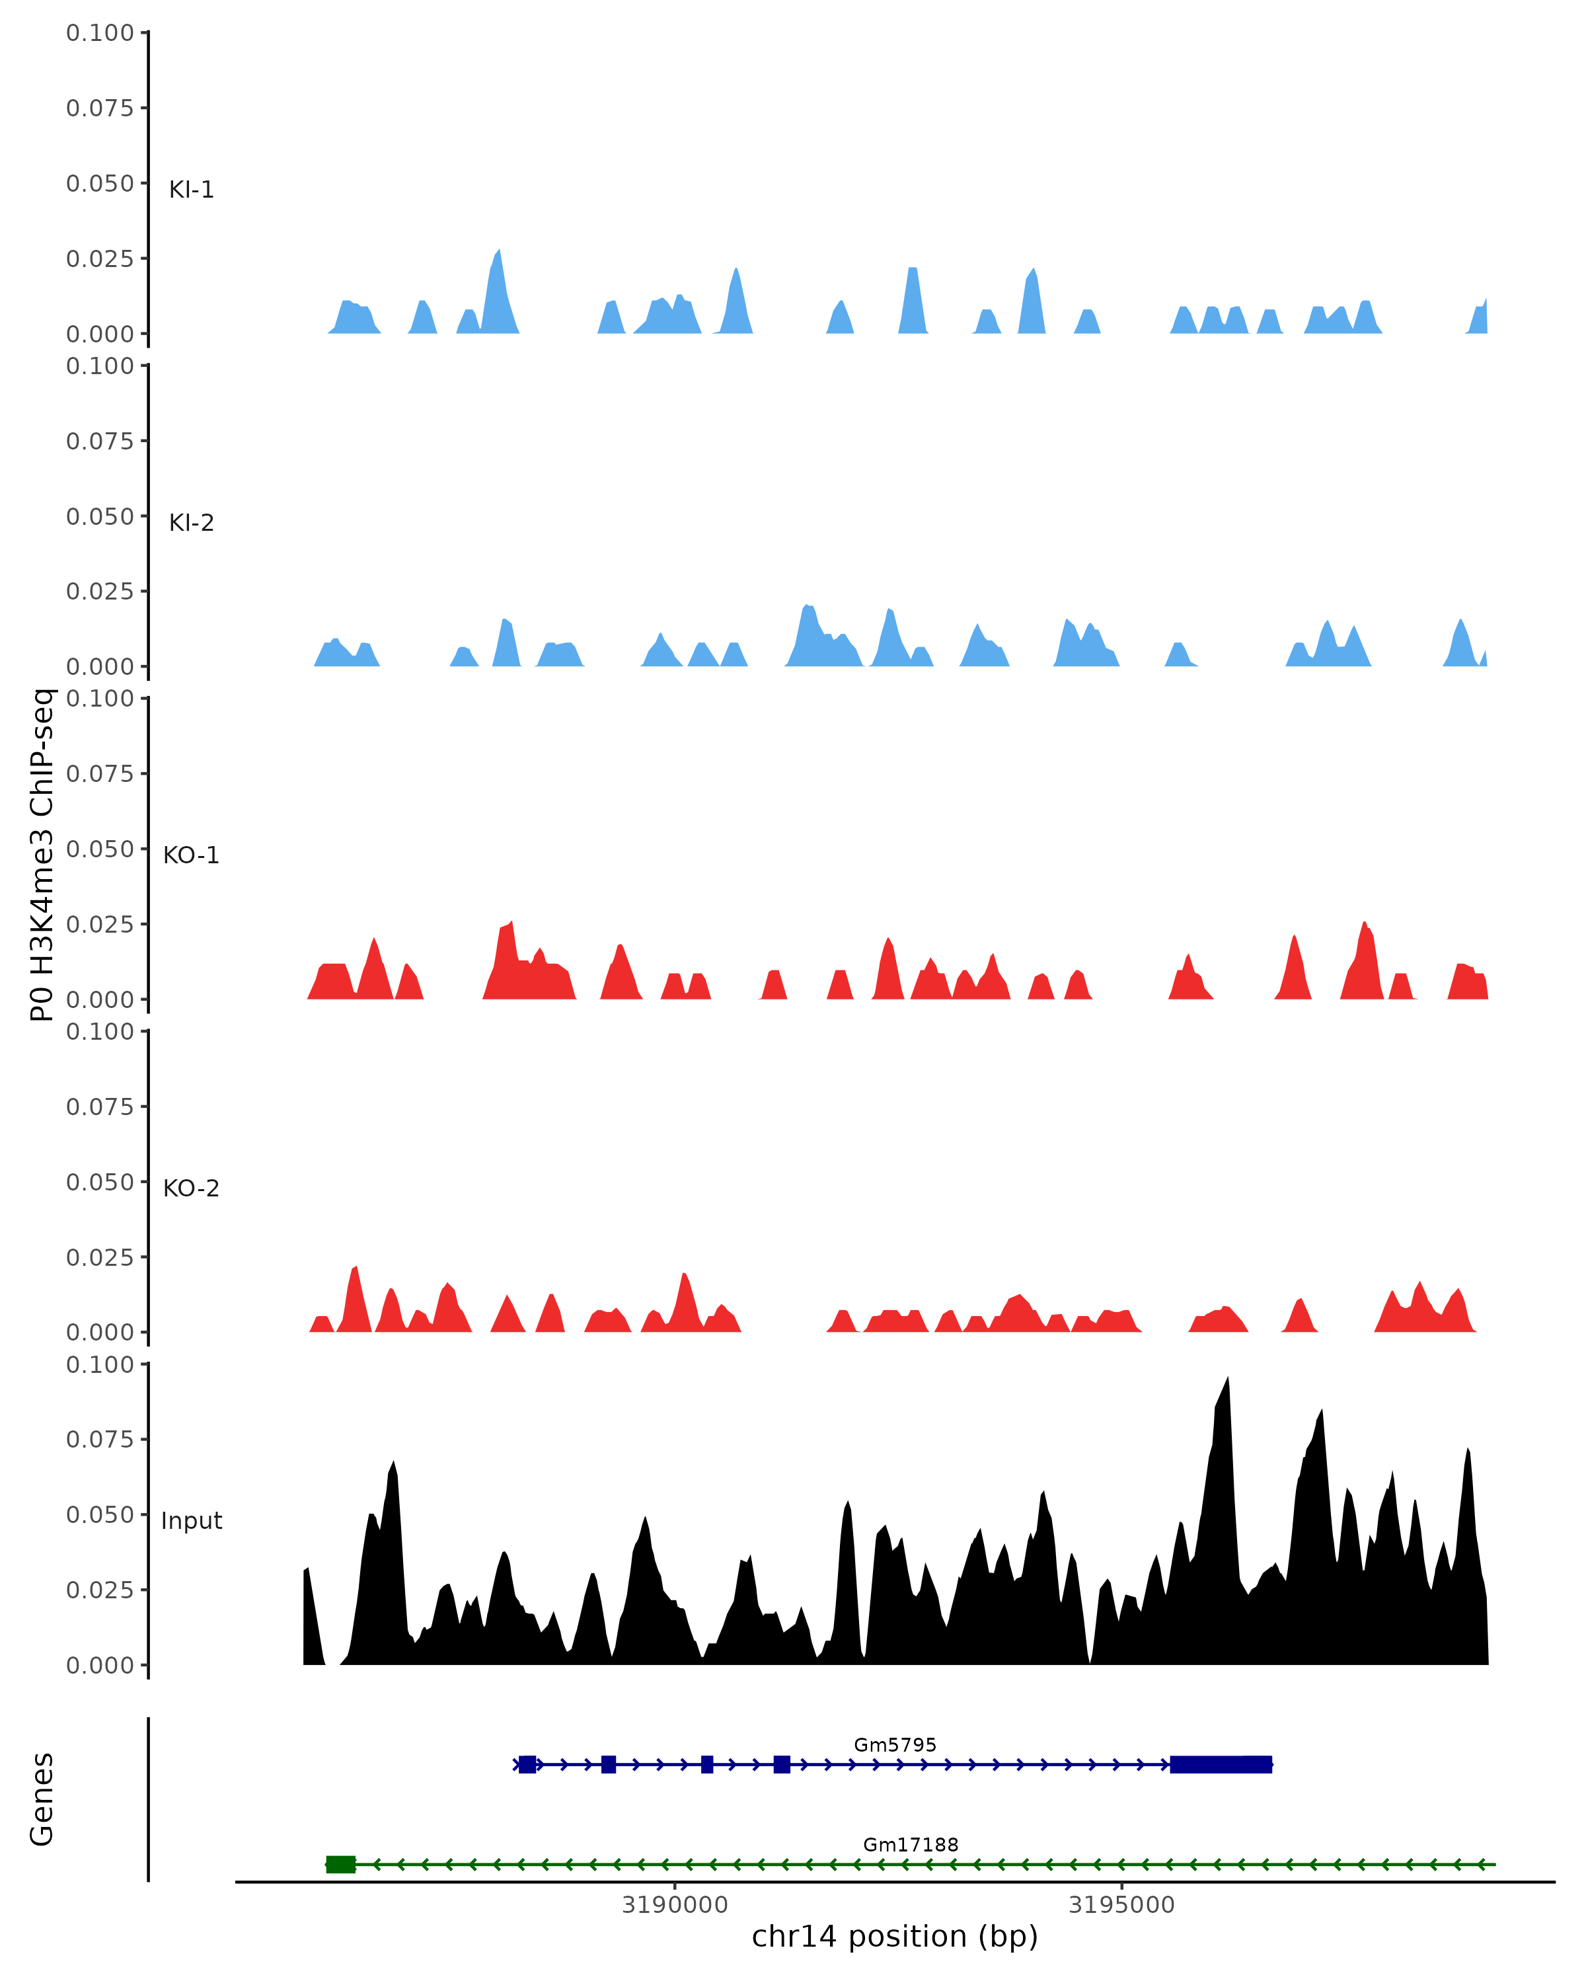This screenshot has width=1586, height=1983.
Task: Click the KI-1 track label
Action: (x=191, y=190)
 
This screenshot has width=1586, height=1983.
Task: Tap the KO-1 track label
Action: (x=191, y=855)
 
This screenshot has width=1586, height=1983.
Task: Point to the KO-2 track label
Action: (x=191, y=1188)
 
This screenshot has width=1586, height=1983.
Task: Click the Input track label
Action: (x=191, y=1520)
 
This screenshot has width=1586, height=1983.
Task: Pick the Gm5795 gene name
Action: (x=895, y=1745)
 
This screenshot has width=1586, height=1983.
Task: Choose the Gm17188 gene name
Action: (x=910, y=1844)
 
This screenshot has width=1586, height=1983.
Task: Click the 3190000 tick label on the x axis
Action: (x=674, y=1905)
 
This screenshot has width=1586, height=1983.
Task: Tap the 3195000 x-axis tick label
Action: (x=1121, y=1905)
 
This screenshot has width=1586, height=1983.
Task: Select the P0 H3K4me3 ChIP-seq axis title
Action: (x=42, y=855)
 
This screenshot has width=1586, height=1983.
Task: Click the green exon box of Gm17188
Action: (x=340, y=1865)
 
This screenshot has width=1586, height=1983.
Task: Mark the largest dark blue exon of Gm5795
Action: (x=1220, y=1764)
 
